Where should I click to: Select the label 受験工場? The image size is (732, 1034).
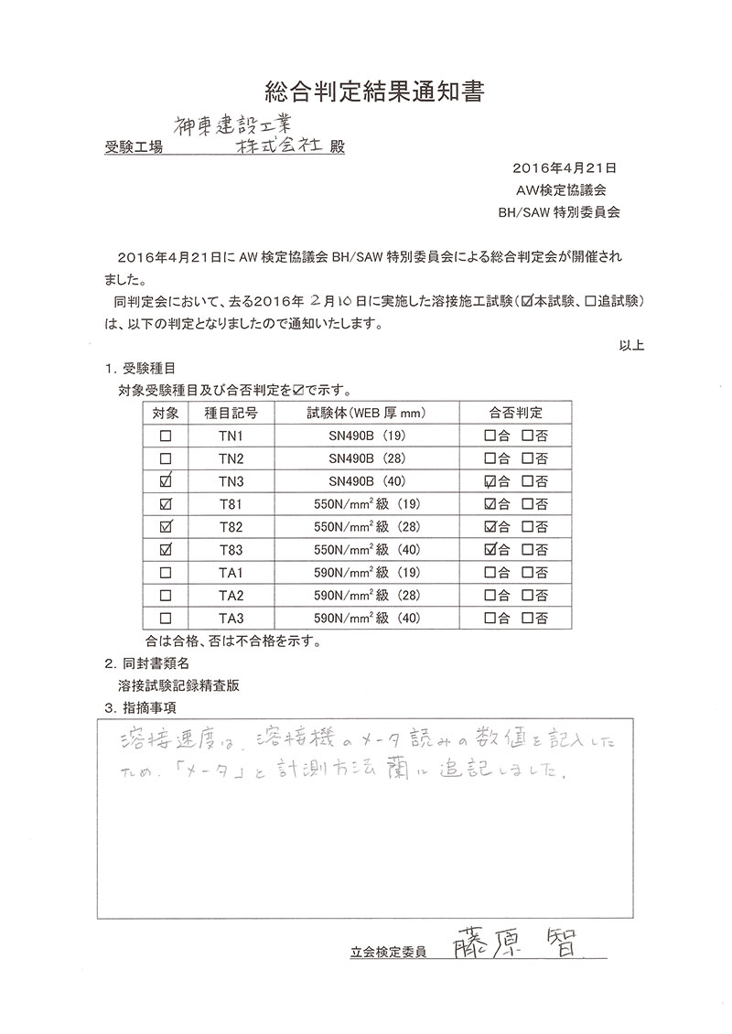pos(134,146)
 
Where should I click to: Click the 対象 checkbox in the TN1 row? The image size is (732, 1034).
pos(166,435)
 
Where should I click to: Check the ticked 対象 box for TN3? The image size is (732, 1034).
pos(166,480)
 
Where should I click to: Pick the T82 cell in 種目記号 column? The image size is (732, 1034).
pos(231,526)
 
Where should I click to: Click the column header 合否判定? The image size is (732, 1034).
pos(515,412)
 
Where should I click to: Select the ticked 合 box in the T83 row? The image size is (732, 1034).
pos(490,549)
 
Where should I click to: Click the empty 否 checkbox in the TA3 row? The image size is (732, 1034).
pos(528,618)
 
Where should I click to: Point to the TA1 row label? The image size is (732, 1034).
pos(231,572)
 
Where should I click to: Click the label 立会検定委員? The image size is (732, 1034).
pos(389,952)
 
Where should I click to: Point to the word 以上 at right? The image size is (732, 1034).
pos(631,345)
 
